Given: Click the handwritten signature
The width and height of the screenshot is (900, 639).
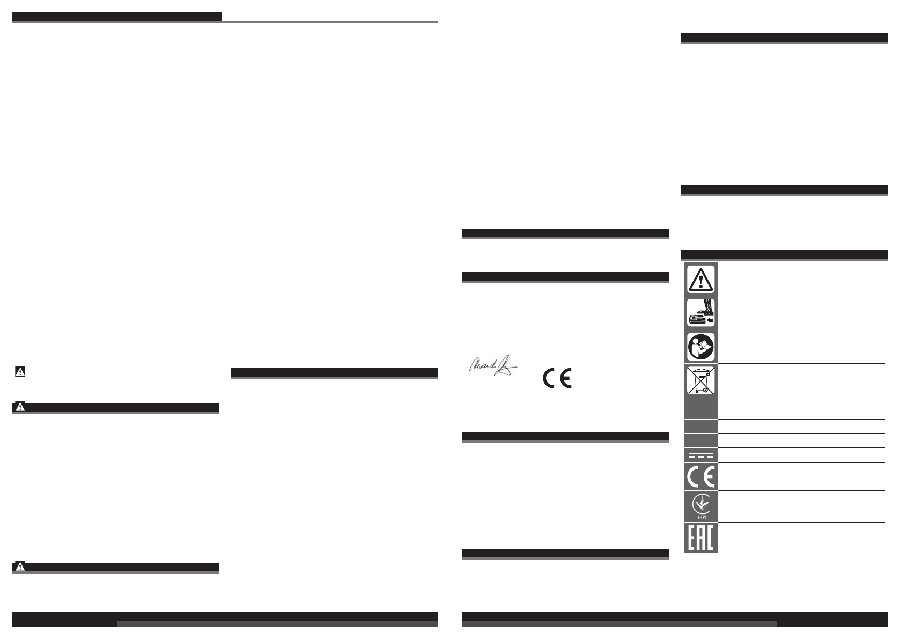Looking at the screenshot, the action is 491,368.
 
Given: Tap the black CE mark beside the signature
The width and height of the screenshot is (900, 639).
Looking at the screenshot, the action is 558,378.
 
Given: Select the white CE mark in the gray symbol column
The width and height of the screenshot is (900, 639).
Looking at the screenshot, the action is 700,476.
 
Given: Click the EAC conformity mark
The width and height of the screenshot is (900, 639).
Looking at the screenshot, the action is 700,538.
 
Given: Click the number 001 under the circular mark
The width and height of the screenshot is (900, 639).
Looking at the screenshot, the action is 701,517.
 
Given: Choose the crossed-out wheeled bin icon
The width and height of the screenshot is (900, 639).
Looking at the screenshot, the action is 700,380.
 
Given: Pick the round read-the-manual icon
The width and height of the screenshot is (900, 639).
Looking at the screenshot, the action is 700,347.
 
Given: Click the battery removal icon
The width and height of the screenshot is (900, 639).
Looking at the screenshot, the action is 700,313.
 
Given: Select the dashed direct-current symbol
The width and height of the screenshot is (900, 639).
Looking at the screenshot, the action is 700,456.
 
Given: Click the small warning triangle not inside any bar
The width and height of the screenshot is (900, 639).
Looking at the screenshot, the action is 20,371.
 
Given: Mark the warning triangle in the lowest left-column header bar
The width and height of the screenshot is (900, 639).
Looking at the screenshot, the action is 20,567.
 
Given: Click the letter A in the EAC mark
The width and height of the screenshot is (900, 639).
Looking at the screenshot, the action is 700,538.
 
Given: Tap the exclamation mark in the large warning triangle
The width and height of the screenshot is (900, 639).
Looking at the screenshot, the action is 700,281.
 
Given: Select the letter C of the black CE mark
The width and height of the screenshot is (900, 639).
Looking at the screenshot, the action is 550,378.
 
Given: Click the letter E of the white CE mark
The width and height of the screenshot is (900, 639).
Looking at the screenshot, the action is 708,476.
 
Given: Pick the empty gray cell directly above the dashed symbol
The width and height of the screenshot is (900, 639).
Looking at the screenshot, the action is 700,440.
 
